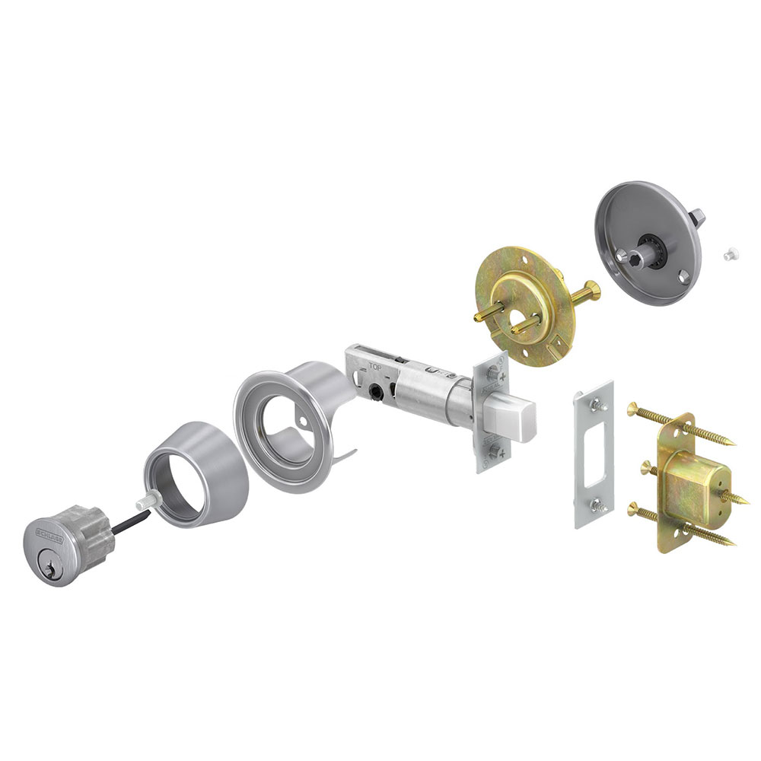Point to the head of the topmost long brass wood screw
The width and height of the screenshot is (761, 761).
(632, 411)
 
